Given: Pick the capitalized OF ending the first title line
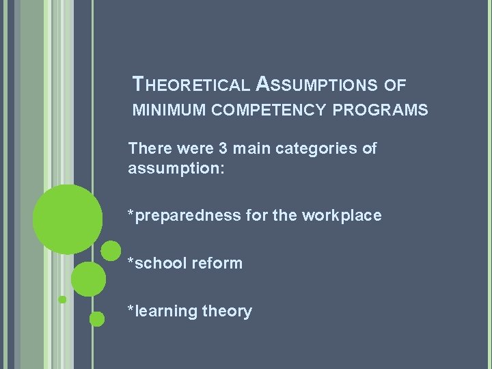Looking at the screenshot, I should pos(395,85).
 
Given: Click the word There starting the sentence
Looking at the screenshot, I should pos(148,148).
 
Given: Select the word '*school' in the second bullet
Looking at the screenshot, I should pos(156,263).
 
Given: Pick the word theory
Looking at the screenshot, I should pos(228,312).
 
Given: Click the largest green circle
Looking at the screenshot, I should pos(68,219).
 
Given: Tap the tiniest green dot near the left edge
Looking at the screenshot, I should pos(62,299).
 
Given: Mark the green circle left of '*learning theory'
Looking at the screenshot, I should pos(97,318).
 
